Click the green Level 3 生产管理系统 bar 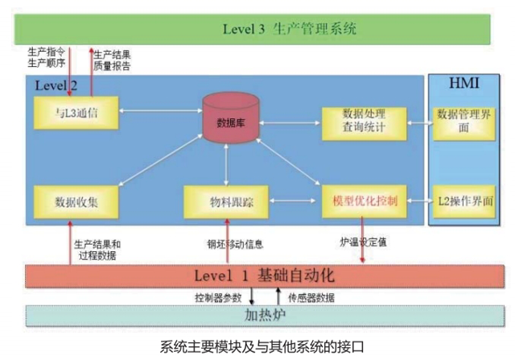click(x=257, y=29)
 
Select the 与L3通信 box click(x=76, y=113)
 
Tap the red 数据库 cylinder click(x=231, y=120)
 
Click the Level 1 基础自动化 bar click(x=257, y=275)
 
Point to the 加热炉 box click(x=257, y=315)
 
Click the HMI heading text click(x=463, y=84)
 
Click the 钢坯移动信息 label click(x=235, y=243)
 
